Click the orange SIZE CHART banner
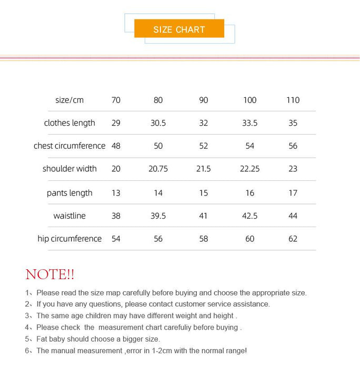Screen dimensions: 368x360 [x=179, y=29]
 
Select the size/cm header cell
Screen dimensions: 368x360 [x=69, y=100]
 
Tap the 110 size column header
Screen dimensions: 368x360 [x=293, y=100]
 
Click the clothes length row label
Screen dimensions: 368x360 [x=69, y=123]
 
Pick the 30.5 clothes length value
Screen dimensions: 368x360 [x=158, y=123]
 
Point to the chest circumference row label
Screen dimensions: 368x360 [x=69, y=146]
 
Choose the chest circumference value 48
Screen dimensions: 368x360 [x=116, y=146]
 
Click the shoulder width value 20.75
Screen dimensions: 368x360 [x=158, y=169]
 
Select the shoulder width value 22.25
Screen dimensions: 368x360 [x=250, y=169]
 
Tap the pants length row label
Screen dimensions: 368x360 [x=69, y=193]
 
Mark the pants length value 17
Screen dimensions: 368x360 [x=293, y=193]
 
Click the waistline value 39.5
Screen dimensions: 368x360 [x=158, y=216]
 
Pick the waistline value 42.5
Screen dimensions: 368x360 [x=250, y=216]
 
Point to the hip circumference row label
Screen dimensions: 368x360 [x=69, y=239]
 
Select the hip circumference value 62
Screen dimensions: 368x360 [x=293, y=239]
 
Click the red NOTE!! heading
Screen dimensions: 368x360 [x=50, y=274]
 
